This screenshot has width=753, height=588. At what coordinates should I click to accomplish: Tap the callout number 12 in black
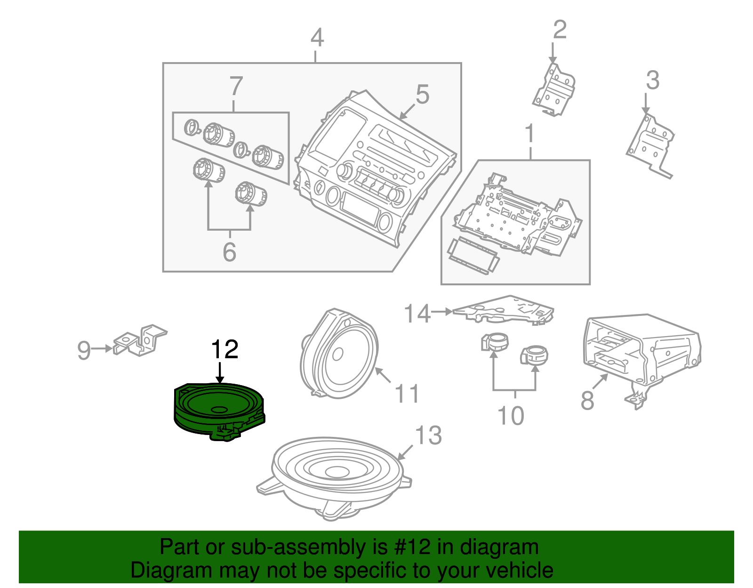(x=224, y=350)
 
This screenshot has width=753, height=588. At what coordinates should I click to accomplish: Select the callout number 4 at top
(x=317, y=38)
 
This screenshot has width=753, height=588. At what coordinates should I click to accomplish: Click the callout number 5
(x=422, y=95)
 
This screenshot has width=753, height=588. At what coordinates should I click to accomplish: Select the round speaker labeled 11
(x=339, y=354)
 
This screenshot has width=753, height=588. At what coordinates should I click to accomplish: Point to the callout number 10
(x=511, y=416)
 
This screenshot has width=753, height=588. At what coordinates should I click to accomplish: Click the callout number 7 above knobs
(x=236, y=87)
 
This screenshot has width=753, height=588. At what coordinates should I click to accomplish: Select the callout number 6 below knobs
(x=229, y=252)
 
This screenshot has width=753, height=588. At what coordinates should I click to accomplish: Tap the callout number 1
(x=530, y=134)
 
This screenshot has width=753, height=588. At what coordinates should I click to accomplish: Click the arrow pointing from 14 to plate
(x=441, y=312)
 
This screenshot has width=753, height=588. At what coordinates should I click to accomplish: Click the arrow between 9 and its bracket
(x=102, y=349)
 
